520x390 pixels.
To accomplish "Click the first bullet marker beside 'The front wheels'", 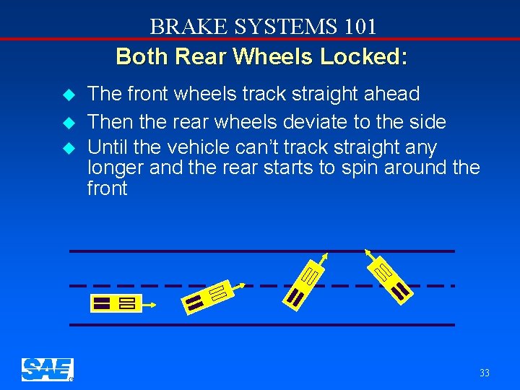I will tap(69, 95).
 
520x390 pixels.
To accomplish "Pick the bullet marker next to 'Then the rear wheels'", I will tap(69, 123).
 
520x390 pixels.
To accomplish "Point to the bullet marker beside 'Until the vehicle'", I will tap(69, 148).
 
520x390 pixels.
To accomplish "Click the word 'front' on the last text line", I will tap(107, 188).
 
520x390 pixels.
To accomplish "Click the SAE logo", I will tap(47, 369).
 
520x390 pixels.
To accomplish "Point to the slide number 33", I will tap(484, 373).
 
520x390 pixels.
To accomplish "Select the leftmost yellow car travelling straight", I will tap(116, 303).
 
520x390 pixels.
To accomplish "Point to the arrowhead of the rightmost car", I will tap(368, 252).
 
